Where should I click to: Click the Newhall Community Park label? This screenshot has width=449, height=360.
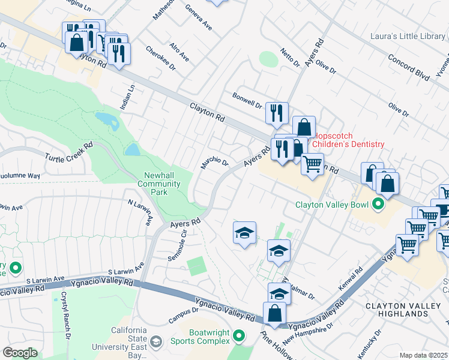(159, 184)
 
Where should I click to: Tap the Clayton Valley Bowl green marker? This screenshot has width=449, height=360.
(378, 205)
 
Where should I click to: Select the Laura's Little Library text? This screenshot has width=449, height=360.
(408, 37)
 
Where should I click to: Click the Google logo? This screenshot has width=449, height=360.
(20, 352)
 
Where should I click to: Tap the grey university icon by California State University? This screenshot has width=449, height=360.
(155, 342)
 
